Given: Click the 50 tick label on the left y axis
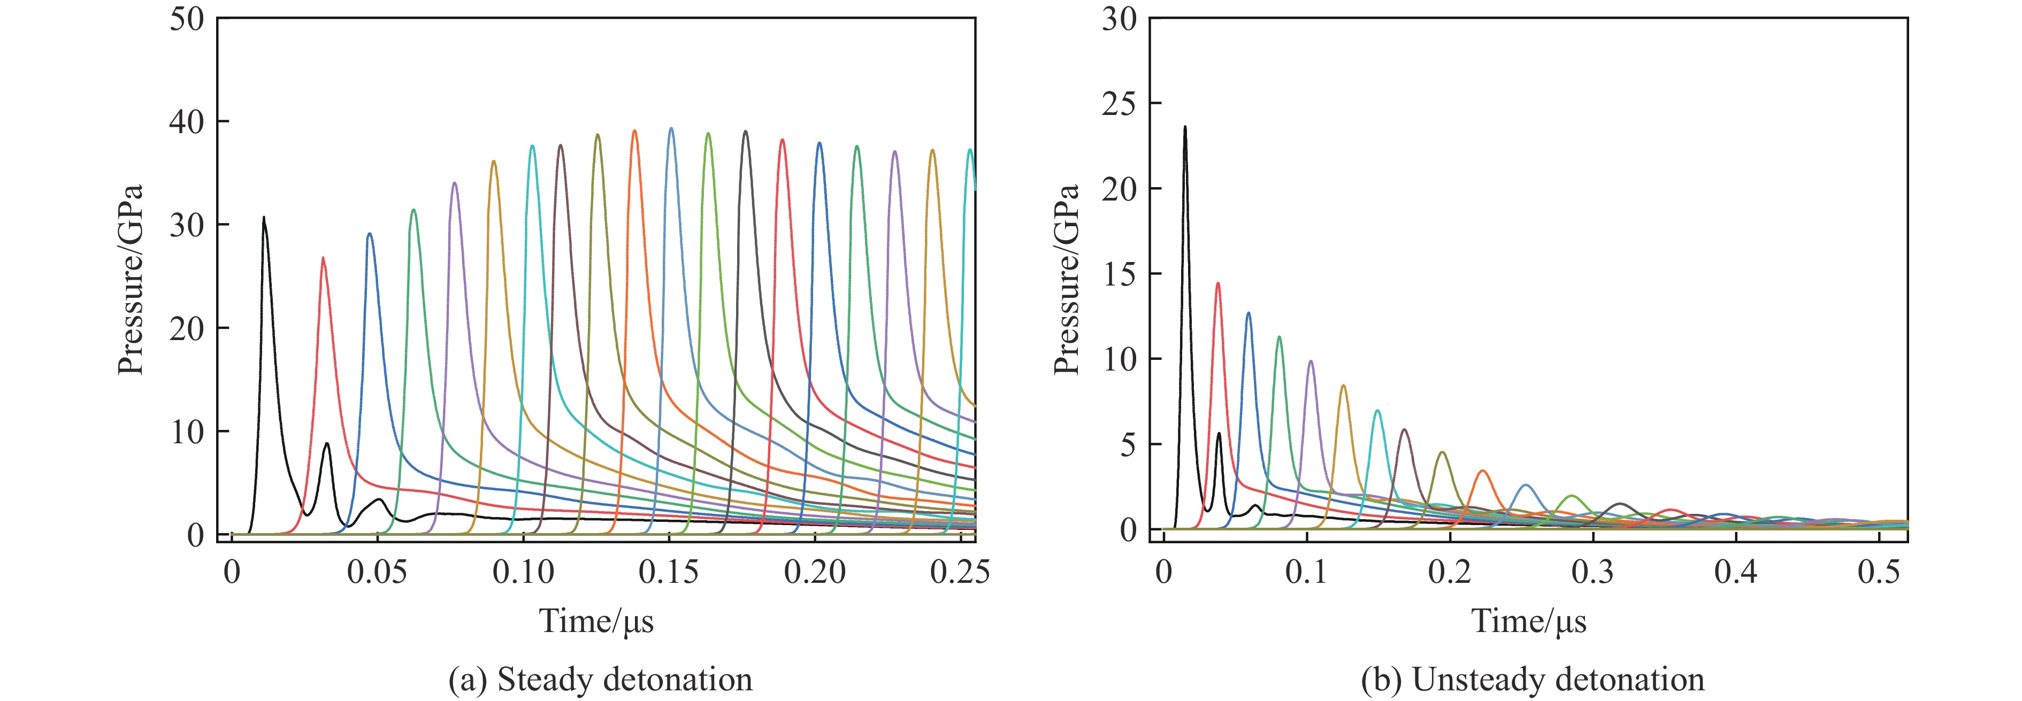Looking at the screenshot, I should click(186, 19).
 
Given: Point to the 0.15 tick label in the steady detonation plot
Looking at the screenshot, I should click(668, 572).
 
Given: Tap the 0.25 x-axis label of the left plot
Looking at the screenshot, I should click(959, 572).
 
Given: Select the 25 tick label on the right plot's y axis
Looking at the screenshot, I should click(1119, 104).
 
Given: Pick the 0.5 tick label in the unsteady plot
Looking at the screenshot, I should click(1878, 572).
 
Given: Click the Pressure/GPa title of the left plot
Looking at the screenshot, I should click(131, 280).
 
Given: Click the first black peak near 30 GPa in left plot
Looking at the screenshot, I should click(264, 218).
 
